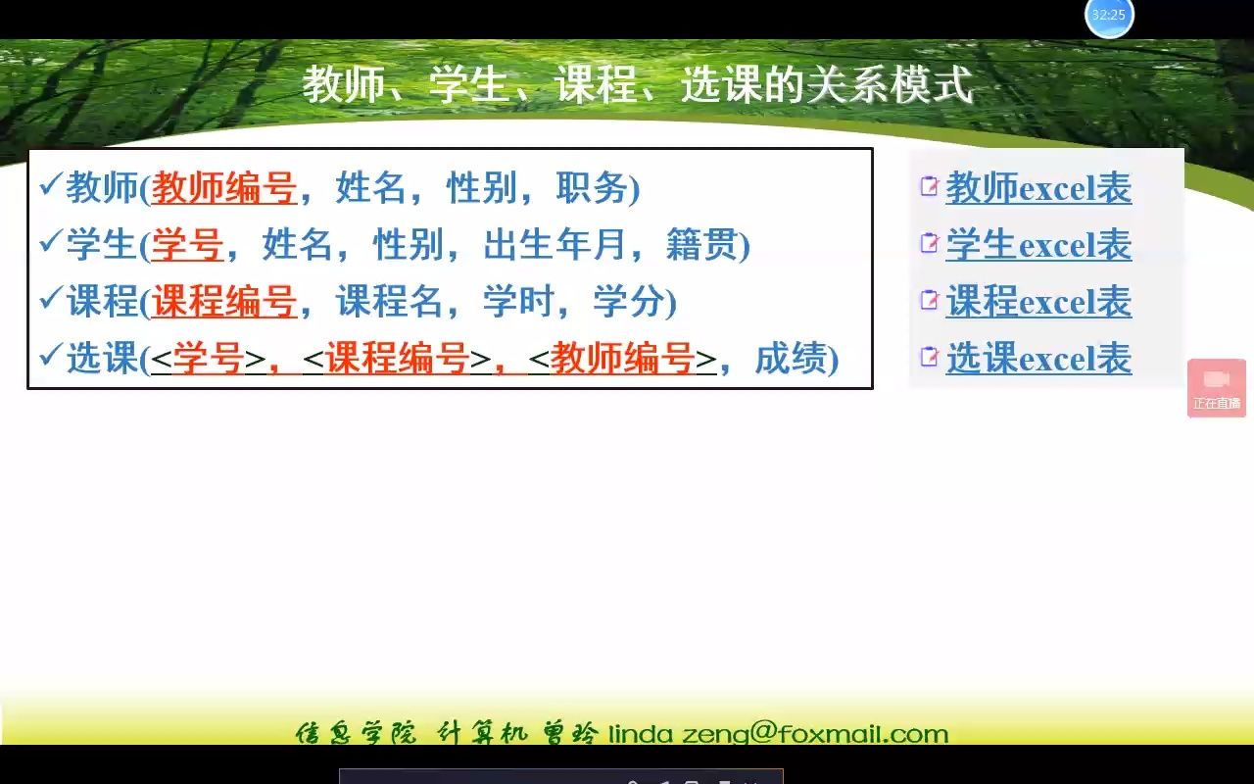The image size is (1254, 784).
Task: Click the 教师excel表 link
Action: click(1038, 188)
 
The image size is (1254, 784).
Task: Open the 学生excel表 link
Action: click(1038, 245)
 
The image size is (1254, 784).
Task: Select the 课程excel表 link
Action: click(1038, 302)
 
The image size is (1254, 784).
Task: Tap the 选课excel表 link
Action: click(1038, 359)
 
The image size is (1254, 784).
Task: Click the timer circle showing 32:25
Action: click(1109, 16)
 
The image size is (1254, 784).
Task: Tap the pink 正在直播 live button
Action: click(1217, 388)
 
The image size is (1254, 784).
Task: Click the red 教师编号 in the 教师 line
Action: click(224, 188)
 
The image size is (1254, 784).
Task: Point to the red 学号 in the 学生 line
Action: click(187, 245)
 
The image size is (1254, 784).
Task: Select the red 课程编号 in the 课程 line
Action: click(224, 302)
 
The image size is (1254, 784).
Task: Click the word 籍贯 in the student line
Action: click(701, 245)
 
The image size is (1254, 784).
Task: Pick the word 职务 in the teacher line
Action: click(593, 188)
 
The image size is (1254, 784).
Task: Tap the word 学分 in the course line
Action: click(629, 302)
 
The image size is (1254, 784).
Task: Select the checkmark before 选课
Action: click(49, 357)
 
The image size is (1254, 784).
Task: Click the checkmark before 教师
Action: click(49, 186)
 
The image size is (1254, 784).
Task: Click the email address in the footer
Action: click(778, 734)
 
